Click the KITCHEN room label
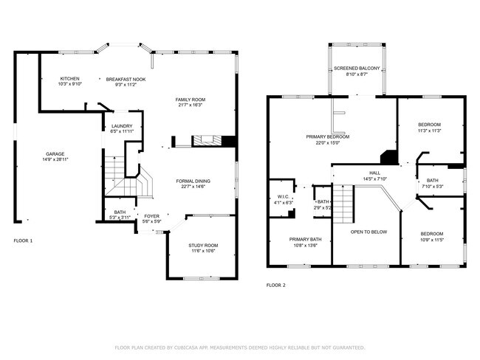pyautogui.click(x=70, y=78)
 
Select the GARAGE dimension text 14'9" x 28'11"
pyautogui.click(x=55, y=160)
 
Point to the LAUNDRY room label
pyautogui.click(x=122, y=126)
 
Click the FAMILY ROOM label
pyautogui.click(x=190, y=100)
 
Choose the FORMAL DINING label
pyautogui.click(x=193, y=181)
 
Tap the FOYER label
pyautogui.click(x=151, y=216)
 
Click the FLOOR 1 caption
pyautogui.click(x=23, y=240)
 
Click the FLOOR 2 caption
pyautogui.click(x=275, y=285)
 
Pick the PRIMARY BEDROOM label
pyautogui.click(x=328, y=136)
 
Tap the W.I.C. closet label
pyautogui.click(x=283, y=197)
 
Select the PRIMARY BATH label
pyautogui.click(x=305, y=239)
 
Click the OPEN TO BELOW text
pyautogui.click(x=368, y=232)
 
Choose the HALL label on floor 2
pyautogui.click(x=374, y=172)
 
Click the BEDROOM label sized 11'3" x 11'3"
pyautogui.click(x=429, y=124)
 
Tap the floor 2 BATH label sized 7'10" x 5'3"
pyautogui.click(x=432, y=181)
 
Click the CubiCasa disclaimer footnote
pyautogui.click(x=240, y=346)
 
